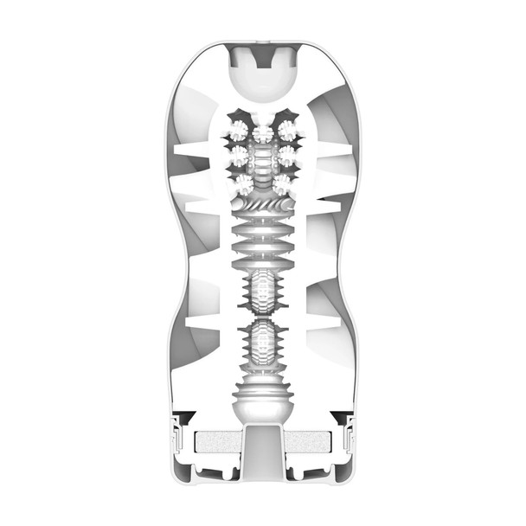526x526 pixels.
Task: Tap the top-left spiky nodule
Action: pyautogui.click(x=238, y=131)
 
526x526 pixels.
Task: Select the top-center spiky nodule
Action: pyautogui.click(x=263, y=132)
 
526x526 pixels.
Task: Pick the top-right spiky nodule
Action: pyautogui.click(x=287, y=131)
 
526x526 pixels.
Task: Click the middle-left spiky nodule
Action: pyautogui.click(x=238, y=157)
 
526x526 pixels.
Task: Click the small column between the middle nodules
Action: pyautogui.click(x=263, y=158)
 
